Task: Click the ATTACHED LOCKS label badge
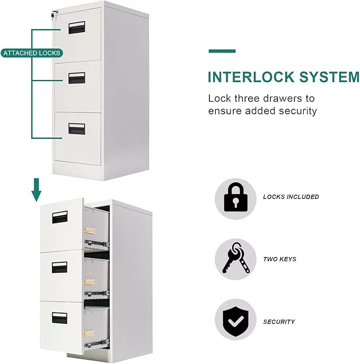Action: (x=32, y=53)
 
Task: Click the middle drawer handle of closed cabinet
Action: (x=76, y=77)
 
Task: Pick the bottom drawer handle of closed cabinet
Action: (x=76, y=128)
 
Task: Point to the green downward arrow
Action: (x=36, y=190)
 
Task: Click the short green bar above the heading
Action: (x=222, y=51)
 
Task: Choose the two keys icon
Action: (x=235, y=259)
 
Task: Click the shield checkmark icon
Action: (x=235, y=320)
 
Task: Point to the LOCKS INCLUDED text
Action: (x=291, y=197)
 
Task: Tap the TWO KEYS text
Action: (x=279, y=260)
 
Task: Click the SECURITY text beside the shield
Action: (x=279, y=322)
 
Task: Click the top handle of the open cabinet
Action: (x=59, y=216)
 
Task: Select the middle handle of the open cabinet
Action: (x=59, y=267)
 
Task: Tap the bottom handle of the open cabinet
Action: (x=59, y=318)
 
